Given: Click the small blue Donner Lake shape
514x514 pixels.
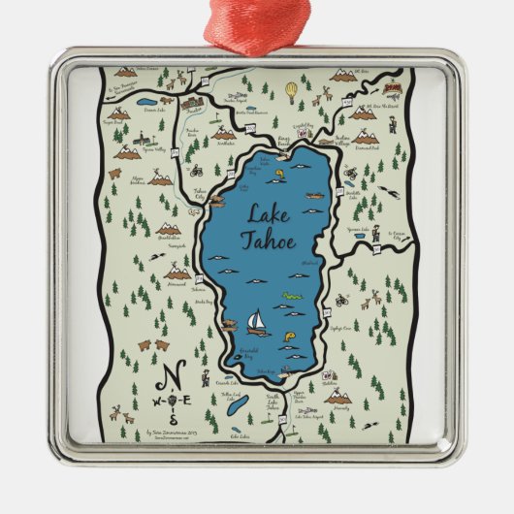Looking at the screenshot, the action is [x=145, y=101].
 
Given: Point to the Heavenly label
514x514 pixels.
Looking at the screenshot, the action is [x=338, y=406].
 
